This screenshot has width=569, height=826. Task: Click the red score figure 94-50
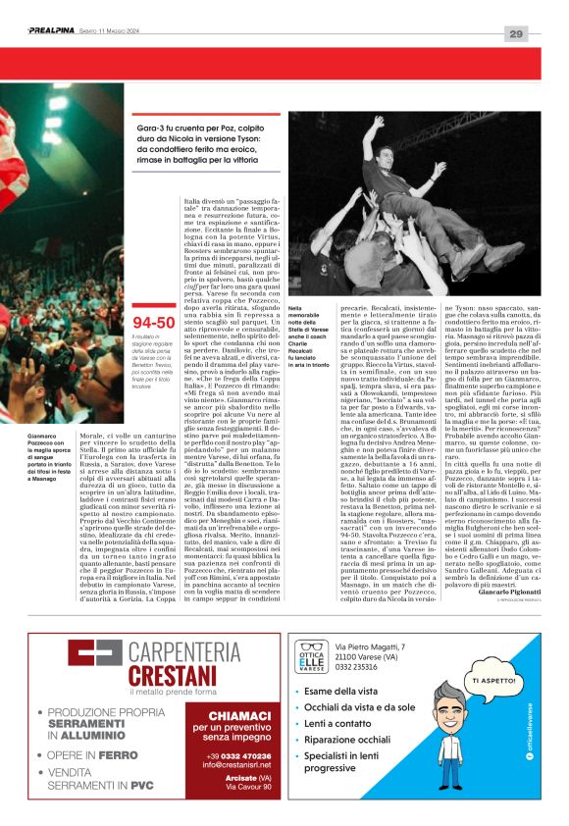151,321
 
